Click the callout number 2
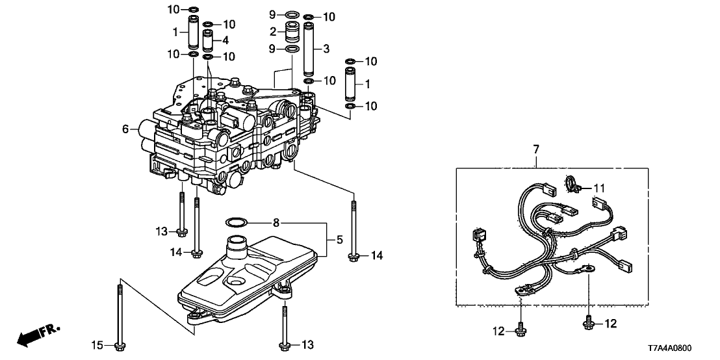pos(274,31)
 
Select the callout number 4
pos(225,40)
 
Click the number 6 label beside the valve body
pos(126,130)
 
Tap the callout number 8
pos(276,223)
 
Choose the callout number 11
pos(599,188)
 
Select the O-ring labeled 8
pos(236,223)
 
